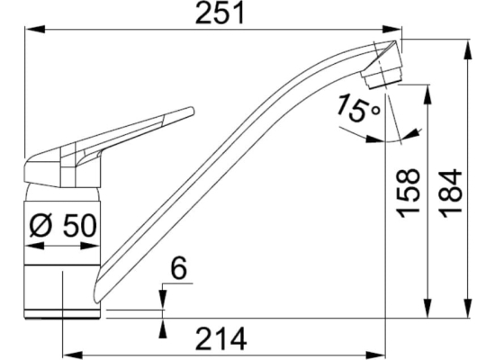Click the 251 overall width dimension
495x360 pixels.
[220, 13]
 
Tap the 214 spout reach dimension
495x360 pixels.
[221, 338]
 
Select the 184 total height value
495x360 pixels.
[452, 193]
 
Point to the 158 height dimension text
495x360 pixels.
[409, 193]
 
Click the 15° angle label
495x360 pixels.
[357, 108]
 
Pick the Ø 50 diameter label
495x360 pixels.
[63, 226]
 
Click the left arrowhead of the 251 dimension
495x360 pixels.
[35, 29]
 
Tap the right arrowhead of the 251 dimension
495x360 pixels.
[392, 29]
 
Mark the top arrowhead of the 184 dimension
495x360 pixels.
[468, 49]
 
